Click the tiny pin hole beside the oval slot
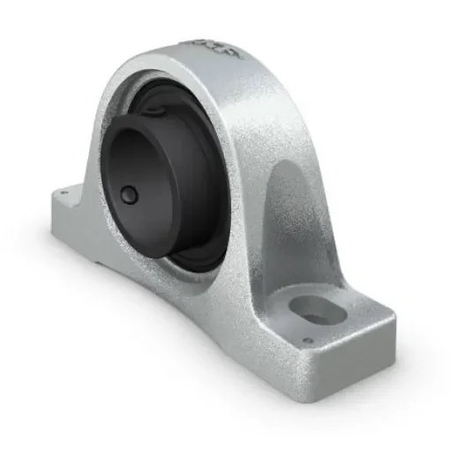(x=307, y=341)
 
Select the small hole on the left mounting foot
(x=63, y=187)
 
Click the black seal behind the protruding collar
(x=212, y=229)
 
